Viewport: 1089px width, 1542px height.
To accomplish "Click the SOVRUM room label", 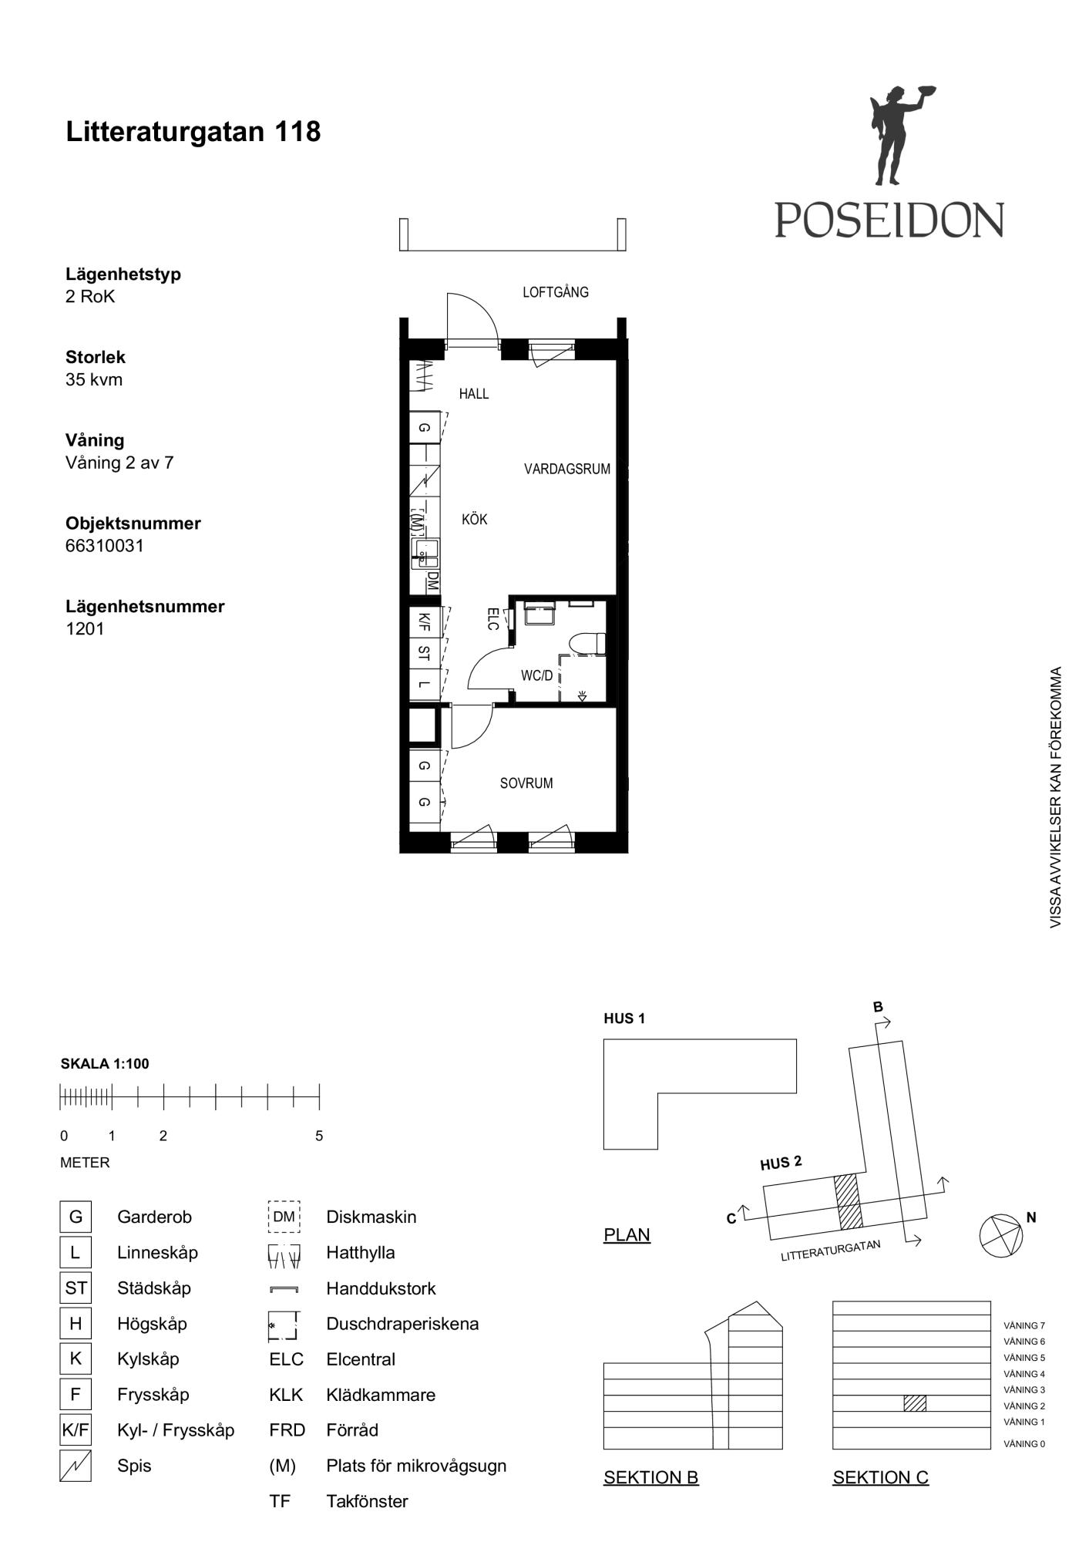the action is pos(526,783).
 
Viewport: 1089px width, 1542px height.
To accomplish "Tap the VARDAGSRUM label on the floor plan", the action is pos(567,469).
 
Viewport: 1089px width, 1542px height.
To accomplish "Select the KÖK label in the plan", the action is pos(475,519).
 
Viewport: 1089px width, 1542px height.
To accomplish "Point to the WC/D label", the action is pos(537,676).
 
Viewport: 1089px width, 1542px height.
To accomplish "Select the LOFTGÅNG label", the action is pos(556,292).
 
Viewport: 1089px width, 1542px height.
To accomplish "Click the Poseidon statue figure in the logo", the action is pos(899,135).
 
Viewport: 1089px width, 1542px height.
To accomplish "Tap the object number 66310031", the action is pos(105,546).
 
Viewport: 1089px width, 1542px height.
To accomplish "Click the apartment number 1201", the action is pos(85,629).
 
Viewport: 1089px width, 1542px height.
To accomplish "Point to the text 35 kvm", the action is pos(94,379).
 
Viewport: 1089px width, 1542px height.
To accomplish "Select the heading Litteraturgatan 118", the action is pos(193,132).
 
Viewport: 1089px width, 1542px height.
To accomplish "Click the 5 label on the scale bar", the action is pos(319,1136).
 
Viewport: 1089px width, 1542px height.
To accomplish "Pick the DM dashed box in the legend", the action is pos(284,1217).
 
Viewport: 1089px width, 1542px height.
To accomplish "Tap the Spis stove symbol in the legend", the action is pos(76,1466).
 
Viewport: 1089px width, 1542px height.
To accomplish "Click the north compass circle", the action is pos(1001,1236).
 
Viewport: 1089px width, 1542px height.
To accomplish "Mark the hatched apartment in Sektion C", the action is pos(915,1403).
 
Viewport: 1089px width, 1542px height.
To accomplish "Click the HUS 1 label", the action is pos(624,1018).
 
